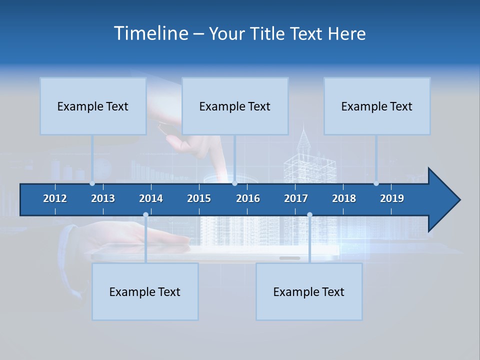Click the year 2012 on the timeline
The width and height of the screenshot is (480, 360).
(55, 198)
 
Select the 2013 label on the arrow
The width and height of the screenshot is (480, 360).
(103, 198)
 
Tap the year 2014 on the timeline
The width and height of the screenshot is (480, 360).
(151, 198)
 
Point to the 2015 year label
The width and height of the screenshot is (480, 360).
(199, 198)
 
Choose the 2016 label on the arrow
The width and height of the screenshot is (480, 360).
(248, 198)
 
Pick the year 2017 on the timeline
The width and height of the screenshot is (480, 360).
(296, 198)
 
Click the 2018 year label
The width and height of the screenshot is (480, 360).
(344, 198)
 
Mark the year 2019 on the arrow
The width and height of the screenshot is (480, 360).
(392, 198)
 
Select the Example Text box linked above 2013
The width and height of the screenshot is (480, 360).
(93, 106)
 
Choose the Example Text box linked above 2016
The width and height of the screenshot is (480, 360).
(235, 106)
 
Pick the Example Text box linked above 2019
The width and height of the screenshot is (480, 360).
(377, 106)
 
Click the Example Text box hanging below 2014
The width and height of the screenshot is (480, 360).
(145, 291)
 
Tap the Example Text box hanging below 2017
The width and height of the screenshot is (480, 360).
(309, 291)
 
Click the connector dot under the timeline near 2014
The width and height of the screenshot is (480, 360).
(145, 215)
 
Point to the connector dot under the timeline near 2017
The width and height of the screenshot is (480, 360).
(309, 215)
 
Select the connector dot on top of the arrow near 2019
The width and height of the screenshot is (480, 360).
(376, 183)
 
